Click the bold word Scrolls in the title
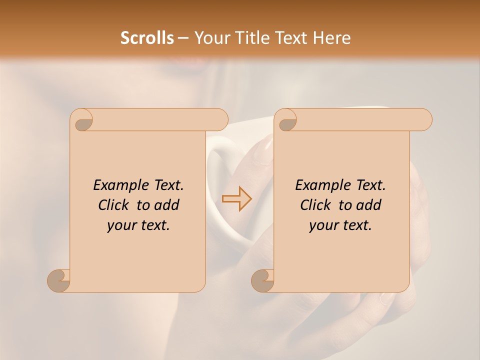[147, 38]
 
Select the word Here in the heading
[332, 38]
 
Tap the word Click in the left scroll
[114, 205]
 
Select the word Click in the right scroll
[316, 205]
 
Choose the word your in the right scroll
[323, 225]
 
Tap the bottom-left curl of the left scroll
[59, 280]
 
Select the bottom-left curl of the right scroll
[263, 280]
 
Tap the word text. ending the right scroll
[356, 225]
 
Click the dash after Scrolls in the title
[183, 38]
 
